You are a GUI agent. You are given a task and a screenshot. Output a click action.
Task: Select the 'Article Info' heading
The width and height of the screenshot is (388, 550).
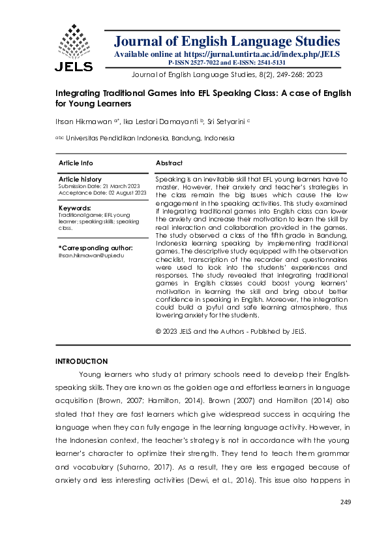(76, 163)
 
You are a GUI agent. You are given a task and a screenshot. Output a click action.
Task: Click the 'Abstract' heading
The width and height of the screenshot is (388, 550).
(169, 163)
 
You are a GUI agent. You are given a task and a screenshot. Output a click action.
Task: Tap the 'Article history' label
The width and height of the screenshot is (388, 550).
(80, 179)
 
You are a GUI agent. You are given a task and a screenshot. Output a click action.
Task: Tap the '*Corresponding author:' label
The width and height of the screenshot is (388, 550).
(96, 248)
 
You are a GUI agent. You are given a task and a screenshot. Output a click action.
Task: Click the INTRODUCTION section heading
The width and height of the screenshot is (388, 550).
(82, 361)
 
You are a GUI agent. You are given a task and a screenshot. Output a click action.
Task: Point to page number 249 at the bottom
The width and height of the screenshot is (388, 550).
(346, 502)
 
